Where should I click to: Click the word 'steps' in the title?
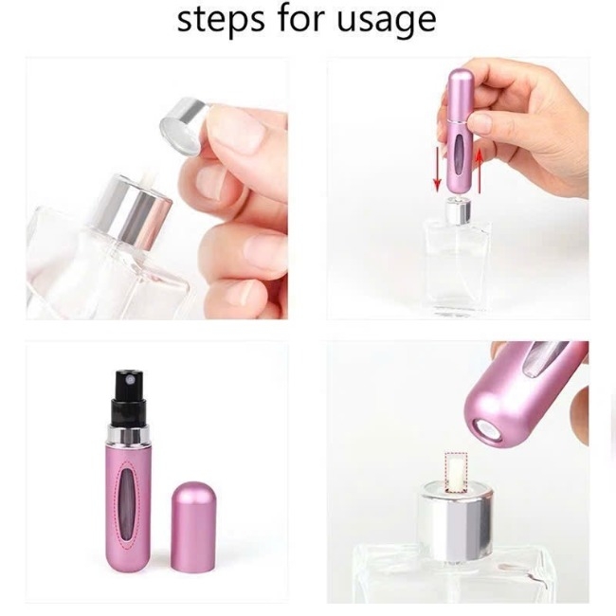(x=221, y=21)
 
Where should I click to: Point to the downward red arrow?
(x=437, y=172)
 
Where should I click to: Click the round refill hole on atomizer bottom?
(x=485, y=431)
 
